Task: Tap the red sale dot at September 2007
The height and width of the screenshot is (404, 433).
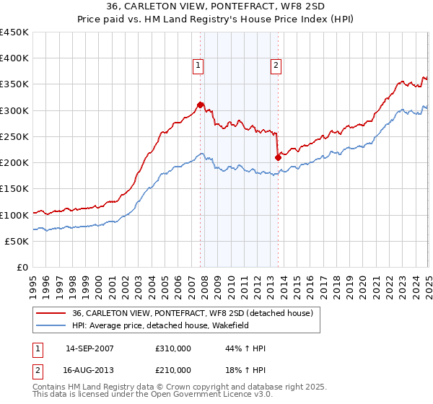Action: click(x=200, y=105)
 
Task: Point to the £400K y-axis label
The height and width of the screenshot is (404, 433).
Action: click(x=14, y=58)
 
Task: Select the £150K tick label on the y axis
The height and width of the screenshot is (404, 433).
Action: click(x=14, y=188)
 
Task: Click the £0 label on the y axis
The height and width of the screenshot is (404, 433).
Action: click(x=22, y=267)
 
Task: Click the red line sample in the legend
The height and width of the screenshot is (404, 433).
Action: click(x=51, y=313)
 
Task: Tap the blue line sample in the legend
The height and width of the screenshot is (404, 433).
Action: click(x=51, y=326)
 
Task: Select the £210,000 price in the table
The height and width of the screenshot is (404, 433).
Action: click(x=173, y=369)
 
